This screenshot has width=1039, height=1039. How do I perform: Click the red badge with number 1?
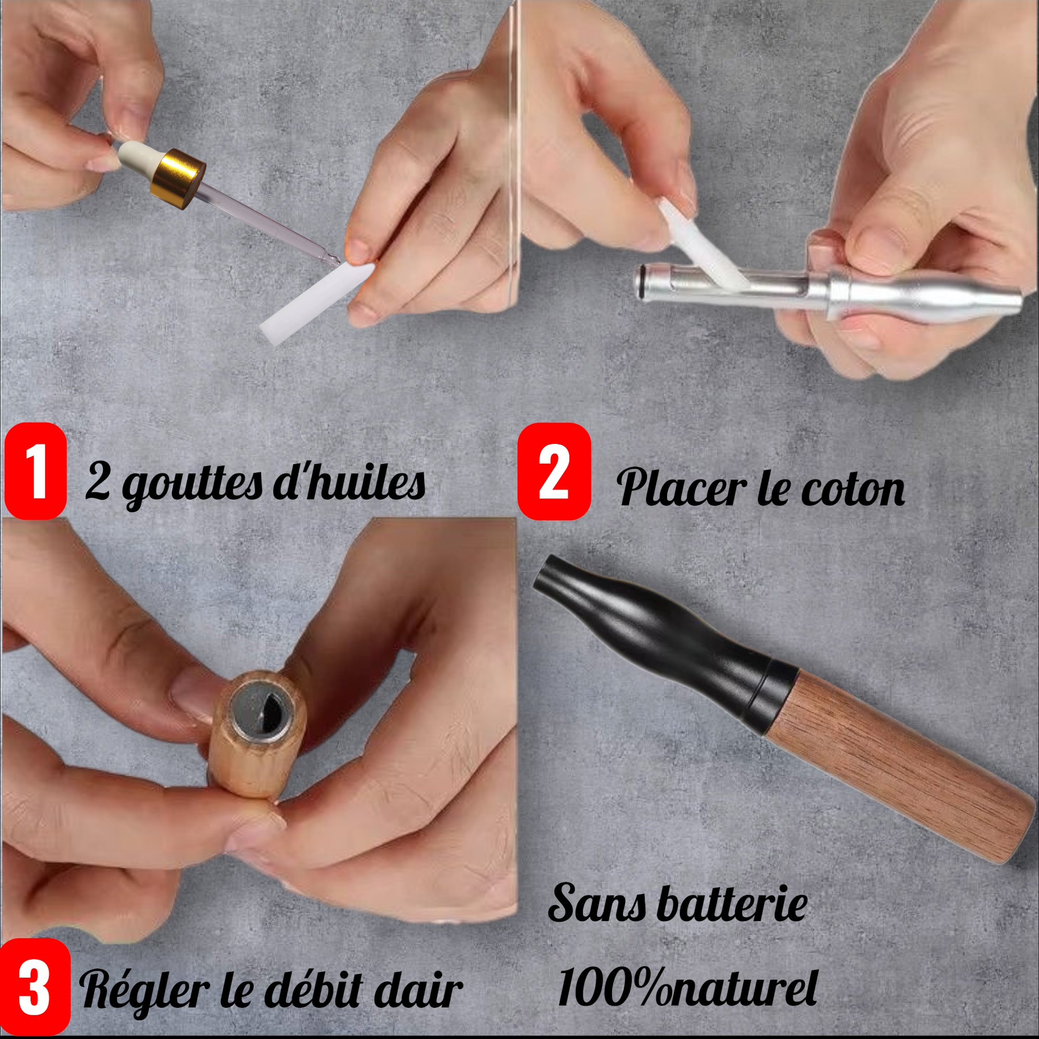[35, 471]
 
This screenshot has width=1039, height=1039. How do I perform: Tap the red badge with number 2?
[554, 471]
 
